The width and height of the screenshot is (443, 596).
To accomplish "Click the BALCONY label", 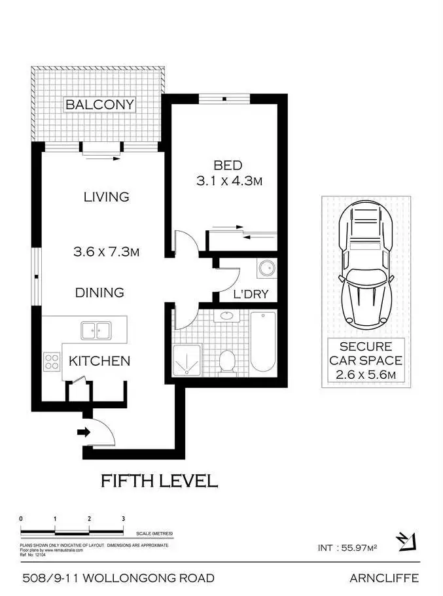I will coord(99,105).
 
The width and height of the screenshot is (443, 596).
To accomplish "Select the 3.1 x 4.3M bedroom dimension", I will coord(229,181).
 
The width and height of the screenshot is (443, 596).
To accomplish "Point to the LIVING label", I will coord(106,196).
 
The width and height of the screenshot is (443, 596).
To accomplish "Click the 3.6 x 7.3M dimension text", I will coord(107,251).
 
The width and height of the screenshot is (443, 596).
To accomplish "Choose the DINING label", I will coord(99,292).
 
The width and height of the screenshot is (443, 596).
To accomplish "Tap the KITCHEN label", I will coord(99,360).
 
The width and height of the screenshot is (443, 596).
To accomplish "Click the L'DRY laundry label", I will coord(251,294).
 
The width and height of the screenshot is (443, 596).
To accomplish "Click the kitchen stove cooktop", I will coord(52,362).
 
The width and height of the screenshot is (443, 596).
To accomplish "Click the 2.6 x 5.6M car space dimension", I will coord(366,375).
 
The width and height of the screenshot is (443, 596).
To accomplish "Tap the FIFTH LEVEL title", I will coord(158,482).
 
